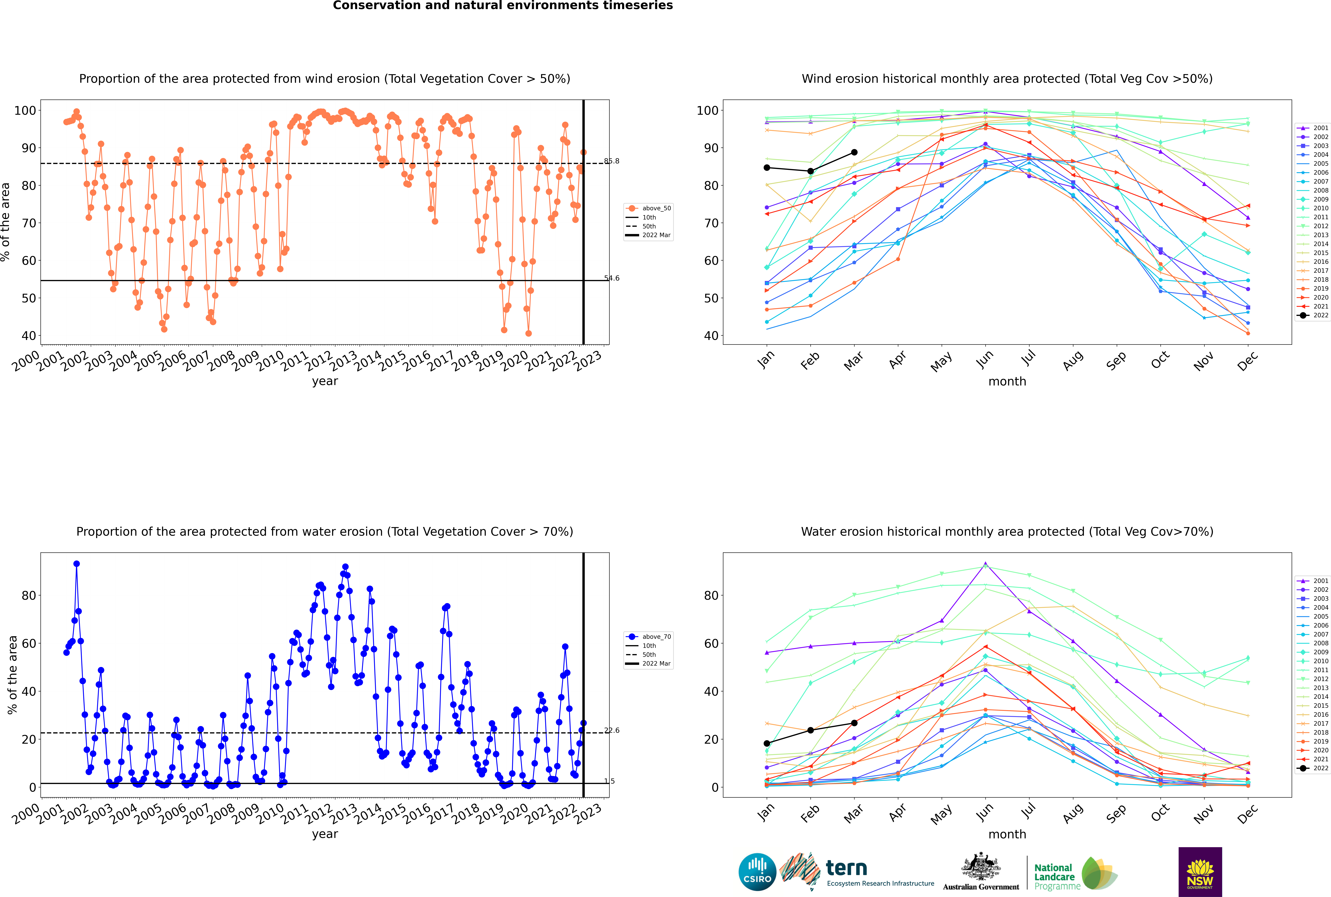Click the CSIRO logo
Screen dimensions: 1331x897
tap(757, 872)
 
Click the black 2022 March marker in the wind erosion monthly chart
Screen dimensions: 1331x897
tap(854, 152)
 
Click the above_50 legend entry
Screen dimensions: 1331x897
tap(648, 208)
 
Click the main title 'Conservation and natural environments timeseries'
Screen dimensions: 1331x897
tap(503, 6)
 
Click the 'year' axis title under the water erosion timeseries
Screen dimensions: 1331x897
tap(325, 834)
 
